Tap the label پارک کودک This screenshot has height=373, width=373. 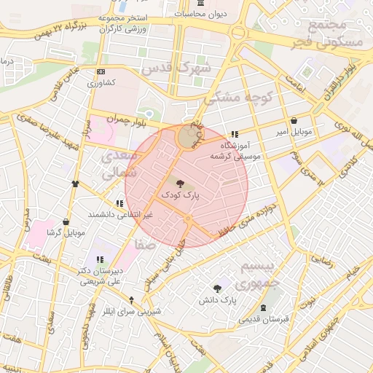[180, 196]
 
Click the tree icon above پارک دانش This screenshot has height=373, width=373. [217, 288]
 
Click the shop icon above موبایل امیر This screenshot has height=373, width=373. [294, 122]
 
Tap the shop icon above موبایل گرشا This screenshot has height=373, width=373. [66, 221]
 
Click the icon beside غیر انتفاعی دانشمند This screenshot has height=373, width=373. [119, 204]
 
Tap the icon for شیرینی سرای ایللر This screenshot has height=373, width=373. [131, 299]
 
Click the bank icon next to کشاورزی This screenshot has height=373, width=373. [100, 71]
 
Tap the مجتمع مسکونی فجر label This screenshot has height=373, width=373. [336, 34]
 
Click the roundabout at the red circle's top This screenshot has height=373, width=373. [186, 136]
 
